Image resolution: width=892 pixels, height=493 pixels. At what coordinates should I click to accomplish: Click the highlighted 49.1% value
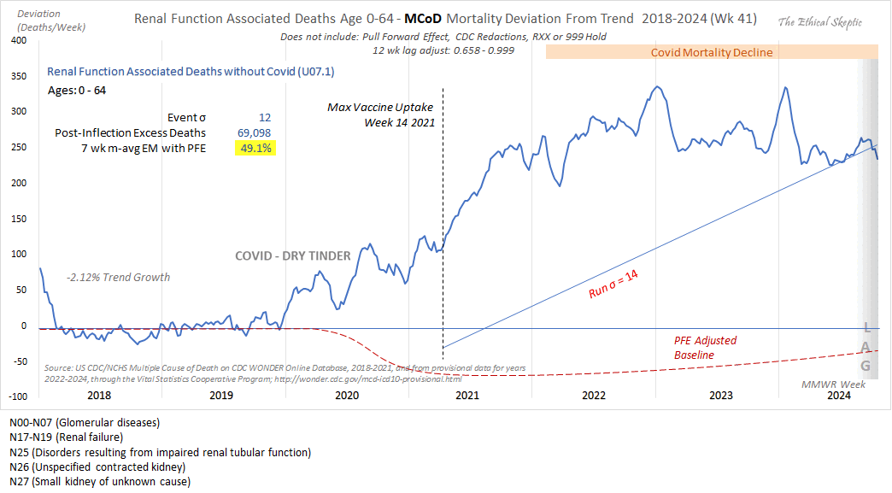[x=255, y=148]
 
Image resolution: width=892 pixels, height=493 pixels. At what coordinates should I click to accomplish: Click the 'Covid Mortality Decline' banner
[x=711, y=52]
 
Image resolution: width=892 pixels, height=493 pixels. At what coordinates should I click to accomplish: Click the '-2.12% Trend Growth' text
[x=118, y=277]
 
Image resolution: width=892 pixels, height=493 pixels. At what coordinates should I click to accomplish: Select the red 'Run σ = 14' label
[x=613, y=285]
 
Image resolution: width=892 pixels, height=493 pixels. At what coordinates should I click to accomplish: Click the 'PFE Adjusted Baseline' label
[x=705, y=347]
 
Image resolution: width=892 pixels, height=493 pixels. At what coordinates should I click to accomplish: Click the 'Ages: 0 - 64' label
[x=76, y=90]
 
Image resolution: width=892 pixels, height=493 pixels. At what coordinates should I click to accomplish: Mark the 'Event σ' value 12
[x=265, y=117]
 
